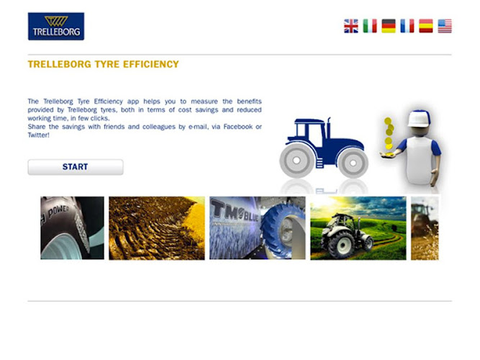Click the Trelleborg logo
[56, 27]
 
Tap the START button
[76, 167]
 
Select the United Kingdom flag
[350, 26]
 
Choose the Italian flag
[370, 26]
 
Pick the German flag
[389, 26]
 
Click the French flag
[407, 26]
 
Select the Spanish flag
[426, 26]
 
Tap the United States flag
[445, 26]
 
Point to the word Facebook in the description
[238, 127]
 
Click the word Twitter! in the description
[39, 135]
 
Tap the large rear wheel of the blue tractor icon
[296, 160]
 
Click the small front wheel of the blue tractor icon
[353, 163]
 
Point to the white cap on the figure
[418, 119]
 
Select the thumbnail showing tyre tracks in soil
[157, 228]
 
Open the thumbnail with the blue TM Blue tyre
[258, 228]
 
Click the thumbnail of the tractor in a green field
[358, 228]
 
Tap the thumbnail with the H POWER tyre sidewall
[72, 228]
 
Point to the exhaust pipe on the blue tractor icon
[329, 127]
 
